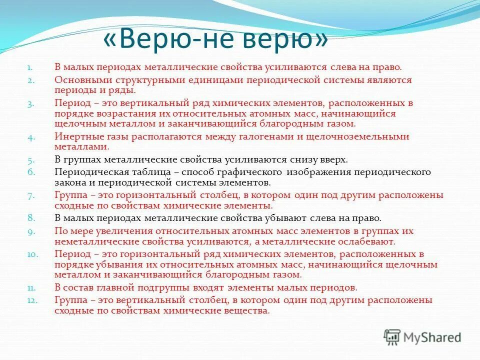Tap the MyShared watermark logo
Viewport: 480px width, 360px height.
[422, 337]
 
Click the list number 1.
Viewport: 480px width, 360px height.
[30, 67]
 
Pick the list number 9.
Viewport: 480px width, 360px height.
[30, 231]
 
